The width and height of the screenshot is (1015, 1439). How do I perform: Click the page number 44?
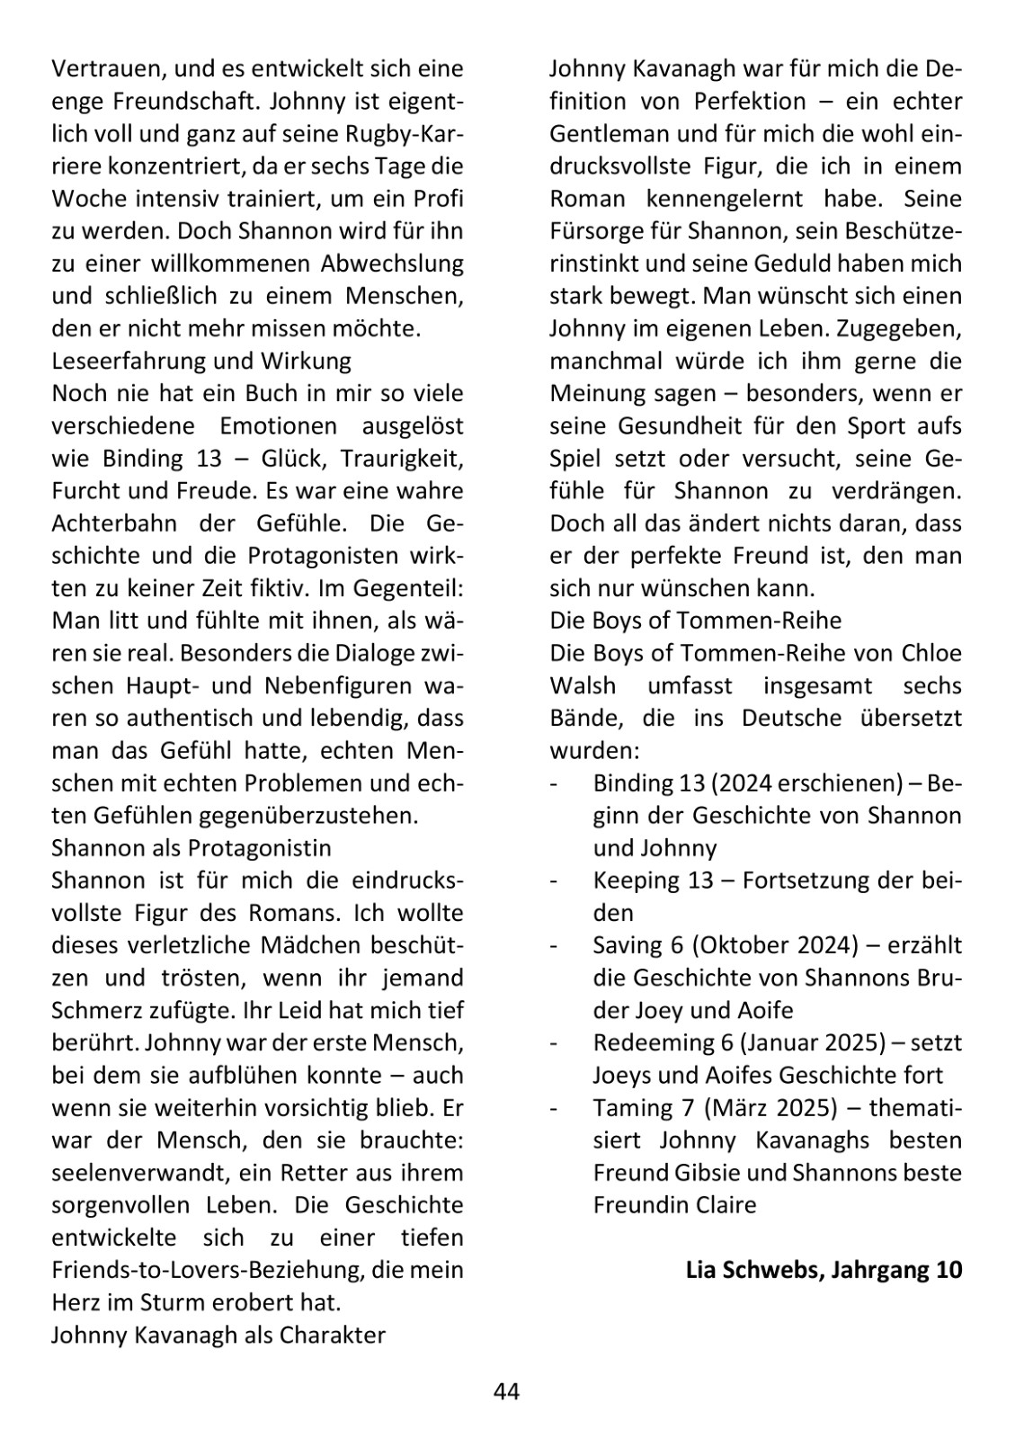(x=506, y=1391)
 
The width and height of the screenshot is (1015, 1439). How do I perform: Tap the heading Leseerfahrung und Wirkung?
(x=201, y=361)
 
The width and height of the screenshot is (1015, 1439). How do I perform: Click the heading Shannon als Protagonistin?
(x=191, y=848)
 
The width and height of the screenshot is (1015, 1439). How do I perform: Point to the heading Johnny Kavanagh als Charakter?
(x=218, y=1335)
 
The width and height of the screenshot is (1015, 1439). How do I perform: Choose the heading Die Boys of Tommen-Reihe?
(x=695, y=621)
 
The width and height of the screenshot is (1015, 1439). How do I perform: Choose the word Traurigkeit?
(x=405, y=459)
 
